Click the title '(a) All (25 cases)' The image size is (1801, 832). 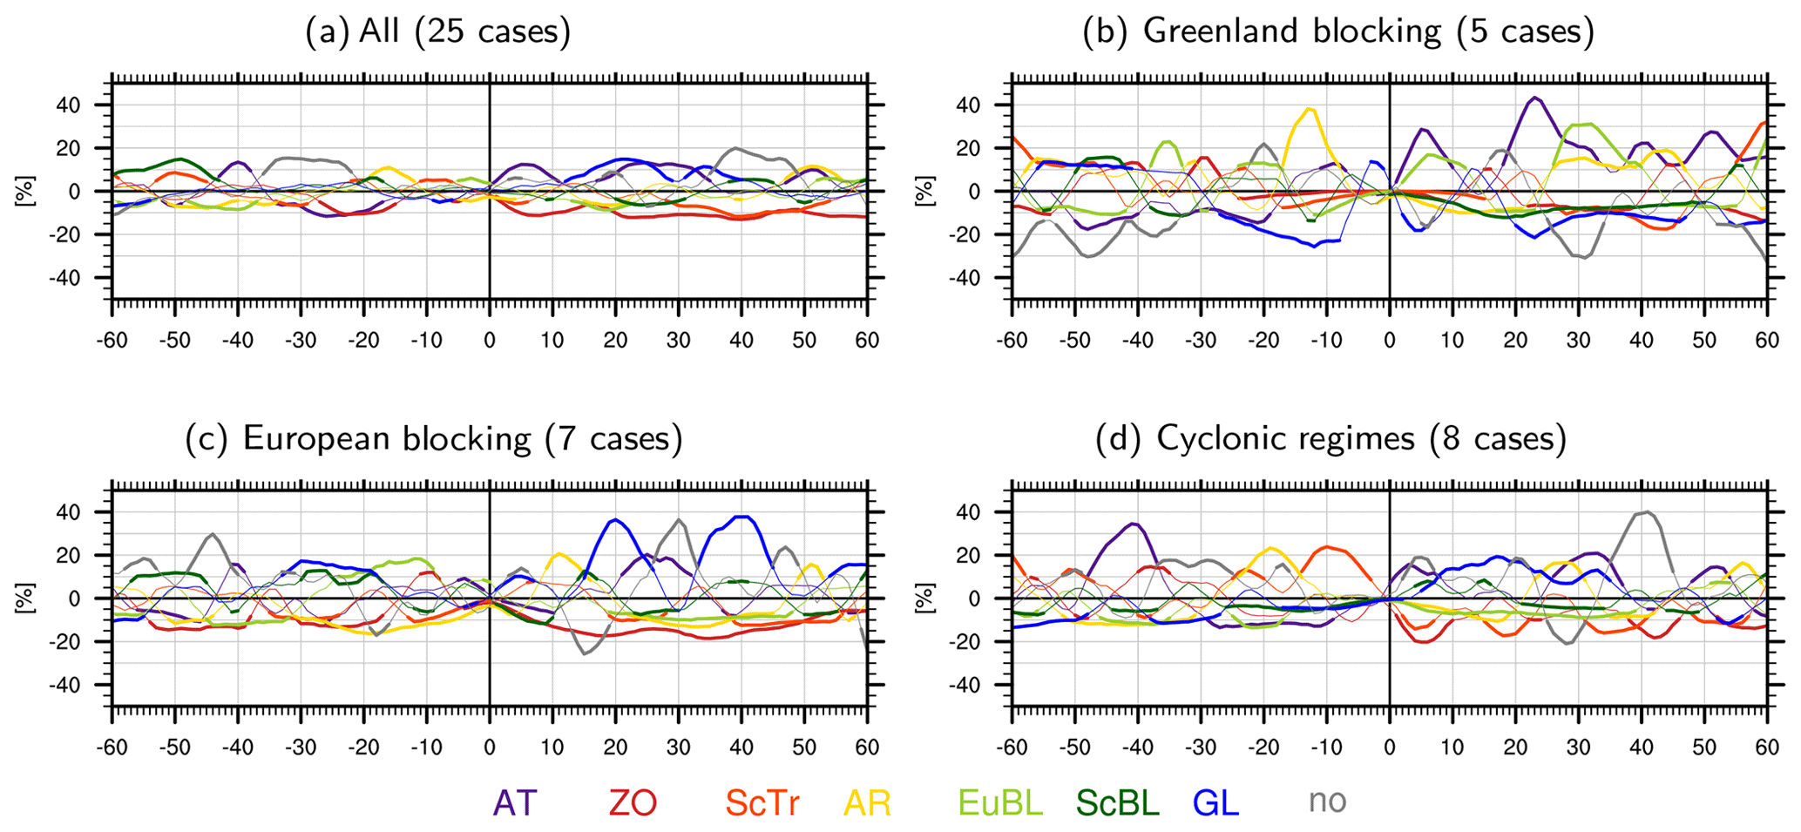(438, 32)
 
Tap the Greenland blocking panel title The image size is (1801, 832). (1338, 32)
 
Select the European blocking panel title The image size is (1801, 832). (434, 438)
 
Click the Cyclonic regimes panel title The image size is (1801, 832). (1330, 438)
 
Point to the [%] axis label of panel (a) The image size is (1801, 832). (24, 192)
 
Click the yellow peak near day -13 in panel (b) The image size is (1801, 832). (1309, 109)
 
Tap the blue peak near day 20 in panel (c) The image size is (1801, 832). (615, 519)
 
